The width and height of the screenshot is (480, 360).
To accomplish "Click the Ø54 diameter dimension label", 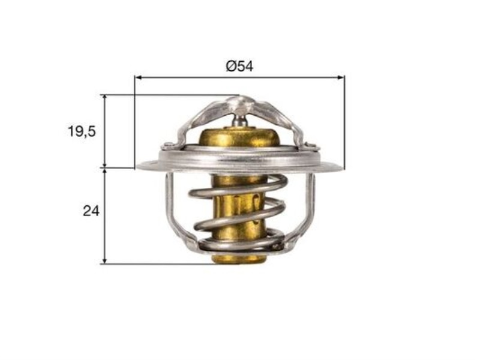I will [239, 67].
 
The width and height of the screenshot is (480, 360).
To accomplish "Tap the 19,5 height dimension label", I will [82, 131].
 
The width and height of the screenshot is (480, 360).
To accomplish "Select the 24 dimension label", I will [91, 211].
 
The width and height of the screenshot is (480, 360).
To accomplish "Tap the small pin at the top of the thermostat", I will [240, 119].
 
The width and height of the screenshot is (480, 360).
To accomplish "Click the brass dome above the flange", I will [239, 137].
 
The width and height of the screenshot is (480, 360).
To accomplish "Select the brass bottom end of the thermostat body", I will [239, 259].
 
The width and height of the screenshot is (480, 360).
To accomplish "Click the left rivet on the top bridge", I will [169, 145].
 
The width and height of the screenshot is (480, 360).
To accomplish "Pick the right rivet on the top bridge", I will [311, 146].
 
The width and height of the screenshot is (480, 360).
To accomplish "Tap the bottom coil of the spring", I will [240, 244].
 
